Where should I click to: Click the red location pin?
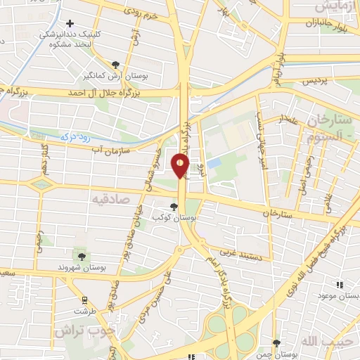180,165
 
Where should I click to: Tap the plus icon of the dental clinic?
70,24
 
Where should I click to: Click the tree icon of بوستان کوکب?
174,206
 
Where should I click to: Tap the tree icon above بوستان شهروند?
81,257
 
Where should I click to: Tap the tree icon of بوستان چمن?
275,342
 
